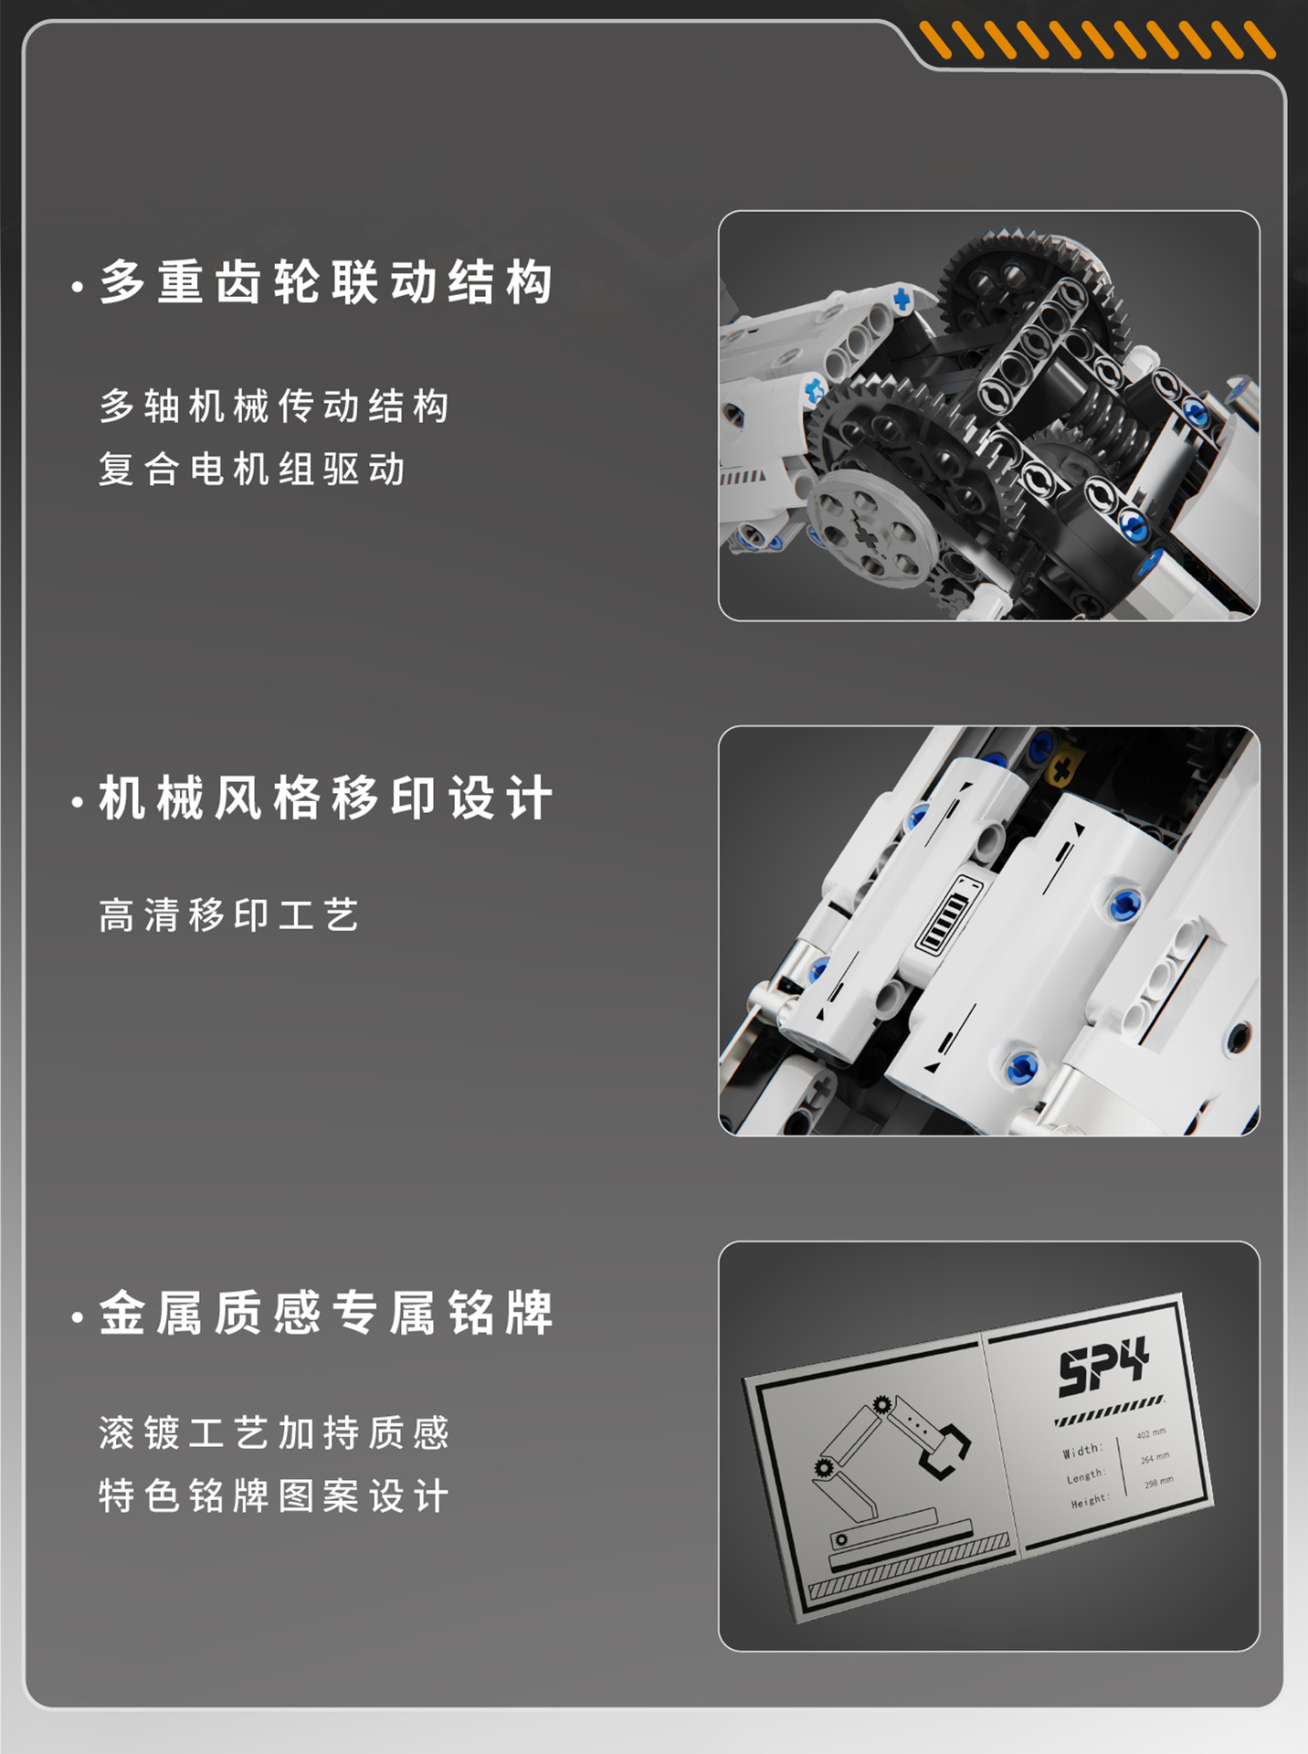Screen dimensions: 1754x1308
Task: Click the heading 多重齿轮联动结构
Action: tap(325, 281)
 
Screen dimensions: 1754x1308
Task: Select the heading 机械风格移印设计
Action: tap(325, 798)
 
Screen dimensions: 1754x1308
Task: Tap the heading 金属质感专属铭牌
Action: tap(325, 1314)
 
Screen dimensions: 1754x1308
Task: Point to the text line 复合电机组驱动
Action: tap(252, 470)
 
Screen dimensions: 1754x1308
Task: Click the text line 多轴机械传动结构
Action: tap(274, 407)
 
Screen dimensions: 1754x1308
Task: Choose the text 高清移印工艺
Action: tap(229, 915)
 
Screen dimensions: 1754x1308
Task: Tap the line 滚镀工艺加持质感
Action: tap(274, 1432)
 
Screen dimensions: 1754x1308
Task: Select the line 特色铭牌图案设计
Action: tap(274, 1496)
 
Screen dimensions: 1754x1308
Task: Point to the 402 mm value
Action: tap(1150, 1434)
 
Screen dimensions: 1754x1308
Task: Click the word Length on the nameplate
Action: tap(1085, 1476)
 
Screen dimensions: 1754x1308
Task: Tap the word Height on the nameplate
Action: tap(1090, 1501)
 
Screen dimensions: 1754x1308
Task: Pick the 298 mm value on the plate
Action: tap(1158, 1483)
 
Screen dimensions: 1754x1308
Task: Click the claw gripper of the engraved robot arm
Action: tap(945, 1448)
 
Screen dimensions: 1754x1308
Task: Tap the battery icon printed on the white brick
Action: tap(946, 914)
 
